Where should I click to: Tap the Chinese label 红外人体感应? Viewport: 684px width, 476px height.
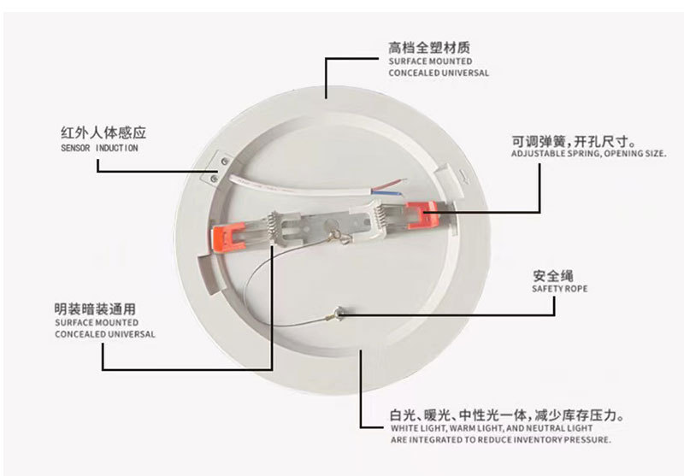[x=103, y=133]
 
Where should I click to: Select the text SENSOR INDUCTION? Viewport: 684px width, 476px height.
[x=99, y=148]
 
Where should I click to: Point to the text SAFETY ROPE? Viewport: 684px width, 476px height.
[x=560, y=289]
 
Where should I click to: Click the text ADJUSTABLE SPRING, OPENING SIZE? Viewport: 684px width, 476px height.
[x=588, y=154]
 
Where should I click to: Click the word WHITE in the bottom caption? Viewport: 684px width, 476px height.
[x=407, y=428]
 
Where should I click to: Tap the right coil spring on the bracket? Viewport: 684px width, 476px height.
[x=376, y=211]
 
